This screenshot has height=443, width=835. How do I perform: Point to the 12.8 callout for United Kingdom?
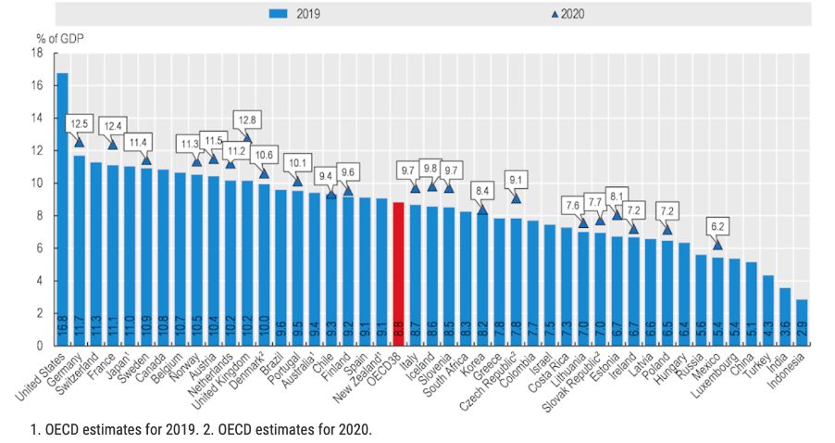pyautogui.click(x=248, y=119)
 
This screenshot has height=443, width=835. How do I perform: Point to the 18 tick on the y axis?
pyautogui.click(x=37, y=53)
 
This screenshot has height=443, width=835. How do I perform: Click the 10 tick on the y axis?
pyautogui.click(x=37, y=184)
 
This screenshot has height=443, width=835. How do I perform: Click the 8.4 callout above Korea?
pyautogui.click(x=482, y=192)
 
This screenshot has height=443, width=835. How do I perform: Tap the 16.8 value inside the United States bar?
pyautogui.click(x=62, y=329)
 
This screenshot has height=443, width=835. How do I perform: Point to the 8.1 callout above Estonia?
pyautogui.click(x=617, y=196)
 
